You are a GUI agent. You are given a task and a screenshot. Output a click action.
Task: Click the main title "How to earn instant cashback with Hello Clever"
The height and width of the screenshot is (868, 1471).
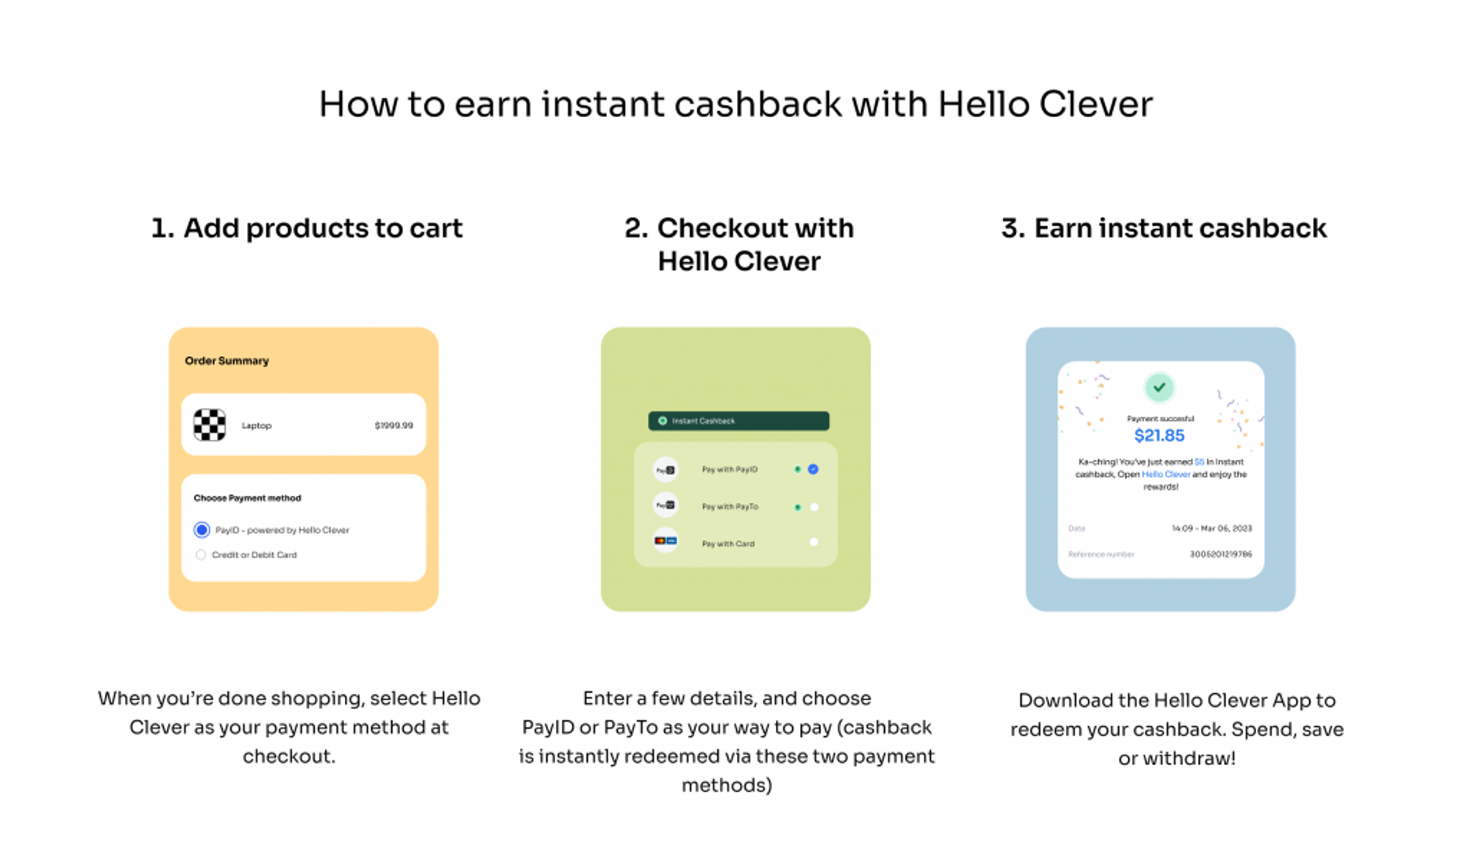coord(735,104)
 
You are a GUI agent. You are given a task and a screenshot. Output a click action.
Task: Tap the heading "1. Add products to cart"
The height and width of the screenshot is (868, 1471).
coord(307,228)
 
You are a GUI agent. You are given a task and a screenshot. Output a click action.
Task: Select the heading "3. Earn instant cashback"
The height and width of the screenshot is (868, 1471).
coord(1164,228)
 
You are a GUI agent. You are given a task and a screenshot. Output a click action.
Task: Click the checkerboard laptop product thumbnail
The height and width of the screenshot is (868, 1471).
coord(210,425)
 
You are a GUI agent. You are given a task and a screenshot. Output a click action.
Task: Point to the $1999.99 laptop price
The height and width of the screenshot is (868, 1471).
coord(393,425)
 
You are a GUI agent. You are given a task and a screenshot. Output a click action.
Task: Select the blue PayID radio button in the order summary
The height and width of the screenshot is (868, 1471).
coord(202,530)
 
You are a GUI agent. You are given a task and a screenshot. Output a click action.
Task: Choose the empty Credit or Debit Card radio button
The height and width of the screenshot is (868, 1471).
coord(201,555)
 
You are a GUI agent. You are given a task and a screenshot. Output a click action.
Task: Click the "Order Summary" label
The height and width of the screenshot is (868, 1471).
coord(227,360)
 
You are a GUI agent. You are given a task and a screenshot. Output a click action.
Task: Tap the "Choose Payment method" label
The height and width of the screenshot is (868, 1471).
coord(247,498)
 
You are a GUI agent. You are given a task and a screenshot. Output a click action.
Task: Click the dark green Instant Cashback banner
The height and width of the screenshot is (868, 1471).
coord(738,421)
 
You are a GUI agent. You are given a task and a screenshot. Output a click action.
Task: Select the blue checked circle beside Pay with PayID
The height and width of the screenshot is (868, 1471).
coord(813,469)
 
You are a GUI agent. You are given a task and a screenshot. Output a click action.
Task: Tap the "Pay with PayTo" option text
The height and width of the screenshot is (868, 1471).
coord(730,507)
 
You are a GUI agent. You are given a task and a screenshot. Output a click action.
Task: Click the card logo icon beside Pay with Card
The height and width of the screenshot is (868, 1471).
coord(666,541)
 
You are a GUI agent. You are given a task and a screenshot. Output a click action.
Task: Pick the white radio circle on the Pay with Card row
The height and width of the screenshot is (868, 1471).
coord(813,542)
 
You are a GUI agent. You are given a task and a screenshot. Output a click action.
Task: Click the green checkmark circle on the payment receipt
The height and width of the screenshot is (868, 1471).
coord(1159,387)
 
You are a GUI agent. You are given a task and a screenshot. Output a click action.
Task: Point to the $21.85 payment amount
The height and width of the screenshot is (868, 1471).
coord(1159,435)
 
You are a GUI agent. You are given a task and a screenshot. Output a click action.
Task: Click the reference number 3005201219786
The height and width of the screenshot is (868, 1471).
coord(1220,555)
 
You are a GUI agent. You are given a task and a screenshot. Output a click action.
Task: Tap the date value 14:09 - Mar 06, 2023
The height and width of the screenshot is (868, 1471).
coord(1211,528)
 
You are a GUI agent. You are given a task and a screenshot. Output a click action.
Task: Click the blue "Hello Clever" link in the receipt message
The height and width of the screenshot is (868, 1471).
coord(1166,474)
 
